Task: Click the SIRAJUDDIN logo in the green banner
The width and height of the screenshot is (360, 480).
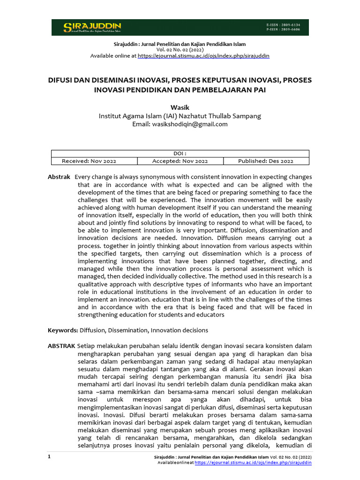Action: [x=92, y=27]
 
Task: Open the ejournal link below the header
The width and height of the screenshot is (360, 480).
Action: [x=203, y=55]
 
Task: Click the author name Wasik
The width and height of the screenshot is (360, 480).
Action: [x=180, y=107]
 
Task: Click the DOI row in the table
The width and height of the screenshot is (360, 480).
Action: [x=180, y=153]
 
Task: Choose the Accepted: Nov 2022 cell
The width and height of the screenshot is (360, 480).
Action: [x=180, y=161]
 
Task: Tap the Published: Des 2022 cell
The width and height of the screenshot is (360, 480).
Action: [x=266, y=161]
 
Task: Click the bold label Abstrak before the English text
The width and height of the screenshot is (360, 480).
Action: [x=59, y=177]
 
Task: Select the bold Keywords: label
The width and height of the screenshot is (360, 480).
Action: [x=63, y=330]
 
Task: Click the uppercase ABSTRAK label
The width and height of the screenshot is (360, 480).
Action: [x=61, y=346]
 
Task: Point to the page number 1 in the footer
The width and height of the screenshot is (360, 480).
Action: [x=49, y=456]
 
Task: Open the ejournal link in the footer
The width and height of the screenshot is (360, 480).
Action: [x=253, y=462]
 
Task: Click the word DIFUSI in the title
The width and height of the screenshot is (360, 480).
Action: [x=62, y=80]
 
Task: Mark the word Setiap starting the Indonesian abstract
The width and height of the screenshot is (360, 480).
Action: [x=87, y=346]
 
